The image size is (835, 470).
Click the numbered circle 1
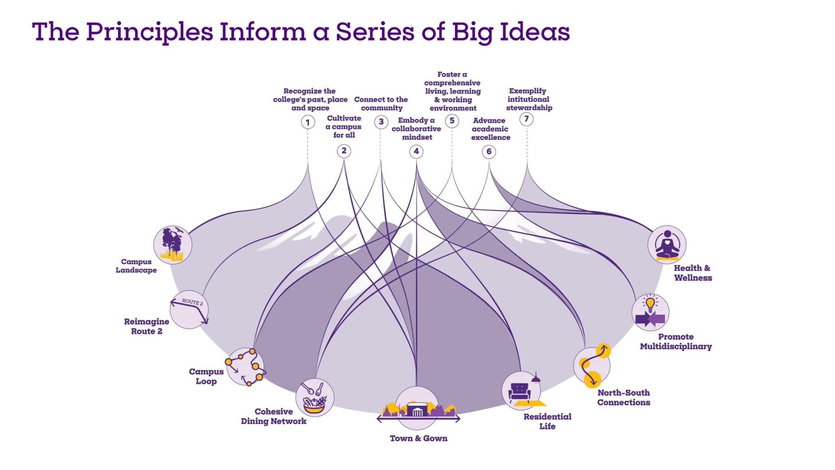coord(308,122)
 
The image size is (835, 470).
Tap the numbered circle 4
coord(416,151)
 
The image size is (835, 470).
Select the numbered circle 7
coord(527,119)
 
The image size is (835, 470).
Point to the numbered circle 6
coord(488,152)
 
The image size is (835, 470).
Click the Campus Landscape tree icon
coord(173,245)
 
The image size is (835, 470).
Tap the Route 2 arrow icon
coord(189,310)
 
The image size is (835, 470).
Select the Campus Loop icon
coord(245,367)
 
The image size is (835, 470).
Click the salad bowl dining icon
coord(315,398)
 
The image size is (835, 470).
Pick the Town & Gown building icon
coord(417,408)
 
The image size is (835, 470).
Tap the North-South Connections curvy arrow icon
coord(592,366)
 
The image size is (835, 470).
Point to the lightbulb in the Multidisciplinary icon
coord(650,304)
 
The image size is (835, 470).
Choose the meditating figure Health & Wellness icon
coord(667,245)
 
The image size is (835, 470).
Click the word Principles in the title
coord(149,32)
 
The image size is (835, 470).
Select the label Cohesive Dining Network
coord(274,416)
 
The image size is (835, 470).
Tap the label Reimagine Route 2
coord(147,326)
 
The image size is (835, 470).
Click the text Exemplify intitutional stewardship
coord(529,99)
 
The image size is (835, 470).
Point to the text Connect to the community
coord(381,103)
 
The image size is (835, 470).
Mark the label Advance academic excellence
coord(490,129)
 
